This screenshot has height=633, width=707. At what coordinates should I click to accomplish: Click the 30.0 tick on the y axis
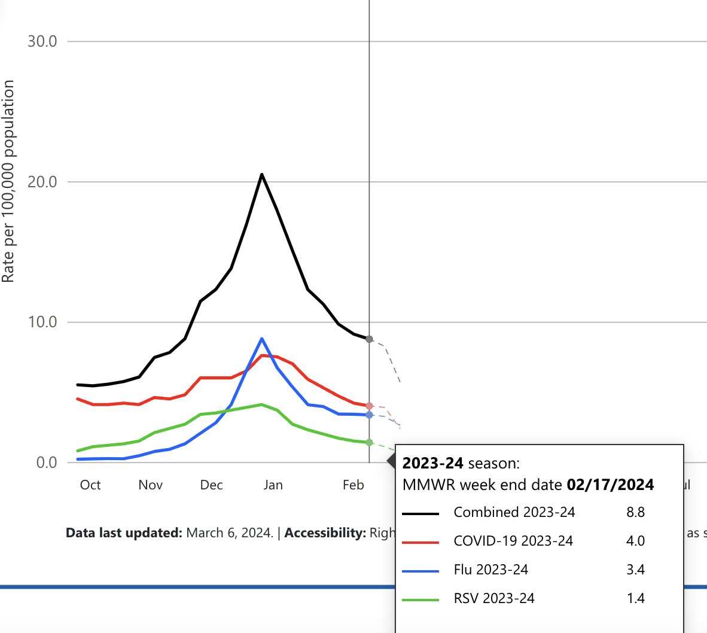click(42, 41)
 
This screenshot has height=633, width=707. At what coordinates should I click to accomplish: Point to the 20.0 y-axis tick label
click(42, 182)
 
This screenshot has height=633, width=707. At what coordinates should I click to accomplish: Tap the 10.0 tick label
click(42, 322)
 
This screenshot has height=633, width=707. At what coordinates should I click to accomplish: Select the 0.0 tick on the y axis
click(46, 462)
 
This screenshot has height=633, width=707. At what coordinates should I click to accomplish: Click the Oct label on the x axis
click(90, 485)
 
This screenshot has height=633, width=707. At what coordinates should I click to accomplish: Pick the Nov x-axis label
click(150, 485)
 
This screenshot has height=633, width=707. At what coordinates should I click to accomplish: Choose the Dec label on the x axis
click(211, 485)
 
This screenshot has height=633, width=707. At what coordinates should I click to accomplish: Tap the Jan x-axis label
click(273, 485)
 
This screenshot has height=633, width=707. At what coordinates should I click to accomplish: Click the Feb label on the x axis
click(353, 485)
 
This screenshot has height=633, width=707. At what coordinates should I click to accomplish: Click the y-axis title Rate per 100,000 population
click(8, 182)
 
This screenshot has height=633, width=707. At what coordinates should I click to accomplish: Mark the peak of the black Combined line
click(262, 174)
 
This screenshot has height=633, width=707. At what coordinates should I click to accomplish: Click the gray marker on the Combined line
click(369, 339)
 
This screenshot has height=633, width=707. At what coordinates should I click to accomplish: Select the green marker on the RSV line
click(369, 442)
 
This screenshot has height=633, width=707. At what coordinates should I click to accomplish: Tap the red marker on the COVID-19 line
click(369, 406)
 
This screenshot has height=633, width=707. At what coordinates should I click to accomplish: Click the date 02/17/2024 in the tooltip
click(610, 485)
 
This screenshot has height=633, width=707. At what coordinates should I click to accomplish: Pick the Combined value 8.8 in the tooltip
click(635, 512)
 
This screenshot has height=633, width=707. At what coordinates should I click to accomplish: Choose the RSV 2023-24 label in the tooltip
click(493, 598)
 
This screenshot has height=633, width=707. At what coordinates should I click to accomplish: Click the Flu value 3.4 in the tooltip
click(635, 570)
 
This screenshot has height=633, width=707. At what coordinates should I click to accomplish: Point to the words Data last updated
click(124, 532)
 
